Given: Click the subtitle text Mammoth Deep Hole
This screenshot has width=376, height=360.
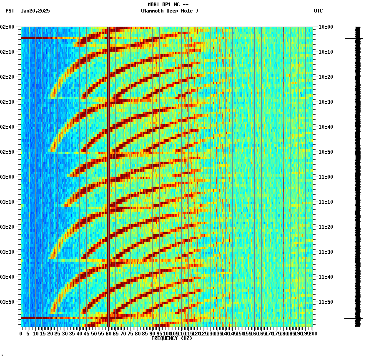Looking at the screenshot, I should pos(169,11).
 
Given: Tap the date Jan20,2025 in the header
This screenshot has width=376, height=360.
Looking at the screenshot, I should pos(35,11).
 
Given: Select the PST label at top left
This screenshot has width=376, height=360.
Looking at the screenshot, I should pos(10,11).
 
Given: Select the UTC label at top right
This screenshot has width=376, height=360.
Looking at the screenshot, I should pos(318,11).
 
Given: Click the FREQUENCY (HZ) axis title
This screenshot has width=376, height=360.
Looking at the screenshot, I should pos(171,338).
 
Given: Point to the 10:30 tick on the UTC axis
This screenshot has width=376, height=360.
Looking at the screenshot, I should pos(326,102).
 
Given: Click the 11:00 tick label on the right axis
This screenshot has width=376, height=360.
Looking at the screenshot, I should pos(326,177).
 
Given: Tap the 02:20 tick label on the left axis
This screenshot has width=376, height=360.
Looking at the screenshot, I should pos(8,77).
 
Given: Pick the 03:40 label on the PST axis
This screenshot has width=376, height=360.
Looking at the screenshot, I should pos(8,277).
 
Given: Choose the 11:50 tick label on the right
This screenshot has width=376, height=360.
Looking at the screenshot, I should pos(326,302).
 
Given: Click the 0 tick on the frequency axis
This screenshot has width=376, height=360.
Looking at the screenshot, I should pos(21,334).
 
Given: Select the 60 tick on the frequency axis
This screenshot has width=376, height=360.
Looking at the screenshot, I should pos(108,334).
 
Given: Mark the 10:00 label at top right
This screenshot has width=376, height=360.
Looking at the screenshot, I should pos(326,27).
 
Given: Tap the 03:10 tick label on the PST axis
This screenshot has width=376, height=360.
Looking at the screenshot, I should pos(8,202).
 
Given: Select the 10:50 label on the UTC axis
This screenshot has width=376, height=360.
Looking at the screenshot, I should pos(326,152).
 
